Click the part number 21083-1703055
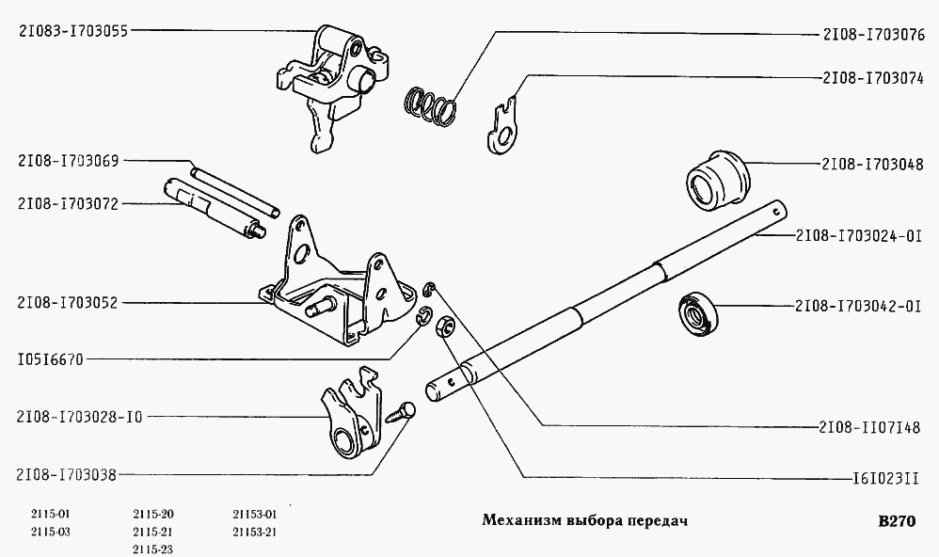point(72,30)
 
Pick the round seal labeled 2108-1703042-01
point(698,310)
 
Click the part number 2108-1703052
point(65,303)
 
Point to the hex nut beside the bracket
point(447,327)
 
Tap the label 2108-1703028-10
point(79,416)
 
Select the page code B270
point(895,522)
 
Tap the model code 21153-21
point(254,532)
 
